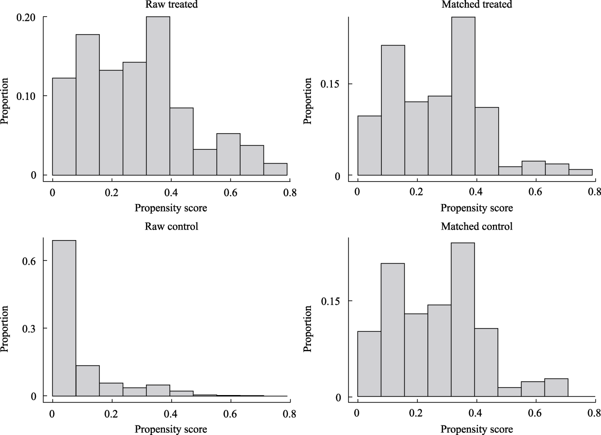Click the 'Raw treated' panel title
coord(171,4)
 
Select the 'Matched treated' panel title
coord(476,4)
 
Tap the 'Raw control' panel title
coord(171,226)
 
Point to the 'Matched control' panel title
coord(476,226)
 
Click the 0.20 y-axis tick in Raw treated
coord(26,17)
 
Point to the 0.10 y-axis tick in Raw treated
coord(26,96)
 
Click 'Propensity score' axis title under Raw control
coord(171,430)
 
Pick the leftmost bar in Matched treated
coord(369,145)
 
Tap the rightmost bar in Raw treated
coord(276,169)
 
